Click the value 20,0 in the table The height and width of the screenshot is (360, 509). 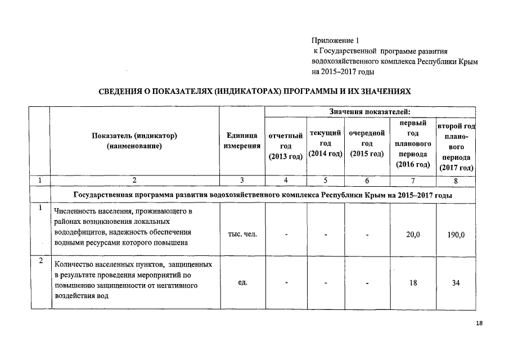click(413, 235)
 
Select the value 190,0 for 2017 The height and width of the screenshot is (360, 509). click(456, 235)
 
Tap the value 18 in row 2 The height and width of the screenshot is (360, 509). click(413, 283)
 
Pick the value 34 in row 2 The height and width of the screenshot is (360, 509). click(456, 283)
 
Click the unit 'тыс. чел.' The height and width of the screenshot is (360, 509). click(242, 234)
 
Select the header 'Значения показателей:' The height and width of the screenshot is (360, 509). click(370, 112)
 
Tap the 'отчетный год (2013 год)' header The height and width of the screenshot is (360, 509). click(286, 146)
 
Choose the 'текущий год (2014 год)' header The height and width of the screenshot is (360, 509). click(326, 143)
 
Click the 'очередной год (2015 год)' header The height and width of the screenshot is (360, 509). click(367, 143)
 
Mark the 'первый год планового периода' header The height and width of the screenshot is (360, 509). click(413, 143)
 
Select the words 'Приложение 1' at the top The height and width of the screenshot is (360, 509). click(335, 40)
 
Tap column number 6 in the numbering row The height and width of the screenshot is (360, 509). click(367, 181)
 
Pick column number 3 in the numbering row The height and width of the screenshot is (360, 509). click(242, 181)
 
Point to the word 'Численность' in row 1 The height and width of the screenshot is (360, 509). click(75, 211)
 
